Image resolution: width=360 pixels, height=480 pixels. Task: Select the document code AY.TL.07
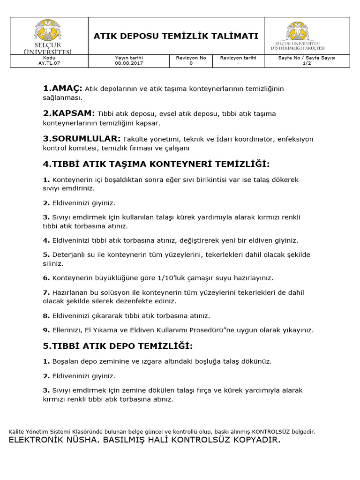(49, 63)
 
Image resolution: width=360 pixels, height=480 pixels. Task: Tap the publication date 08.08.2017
(129, 63)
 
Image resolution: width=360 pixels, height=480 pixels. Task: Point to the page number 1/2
(307, 63)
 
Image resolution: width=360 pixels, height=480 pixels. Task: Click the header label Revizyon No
(191, 58)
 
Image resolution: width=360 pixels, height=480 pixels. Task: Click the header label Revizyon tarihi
(238, 58)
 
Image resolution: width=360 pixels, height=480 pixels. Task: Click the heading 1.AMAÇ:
(62, 88)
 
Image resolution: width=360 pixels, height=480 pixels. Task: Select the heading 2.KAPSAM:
(69, 113)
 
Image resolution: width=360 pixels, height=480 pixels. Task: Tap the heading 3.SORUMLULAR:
(82, 139)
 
